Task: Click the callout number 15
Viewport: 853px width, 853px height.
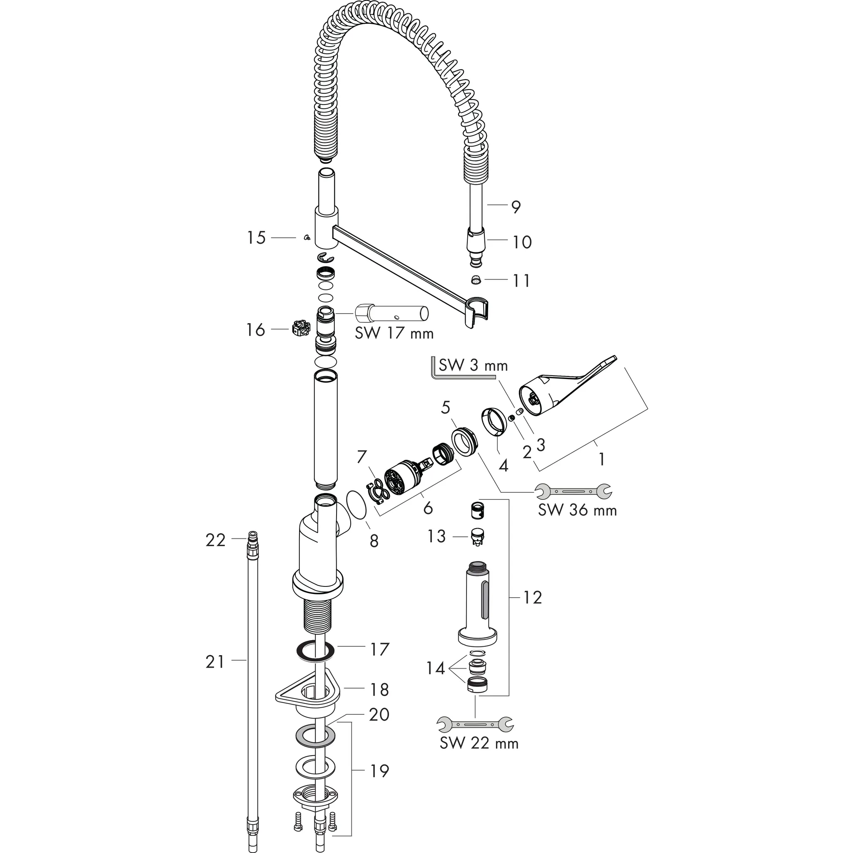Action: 256,238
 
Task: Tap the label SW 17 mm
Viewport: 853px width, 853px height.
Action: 394,333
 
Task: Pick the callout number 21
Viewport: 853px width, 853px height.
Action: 215,662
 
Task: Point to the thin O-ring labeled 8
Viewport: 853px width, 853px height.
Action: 357,505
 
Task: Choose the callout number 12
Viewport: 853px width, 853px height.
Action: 532,597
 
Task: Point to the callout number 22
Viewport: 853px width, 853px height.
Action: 215,540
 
